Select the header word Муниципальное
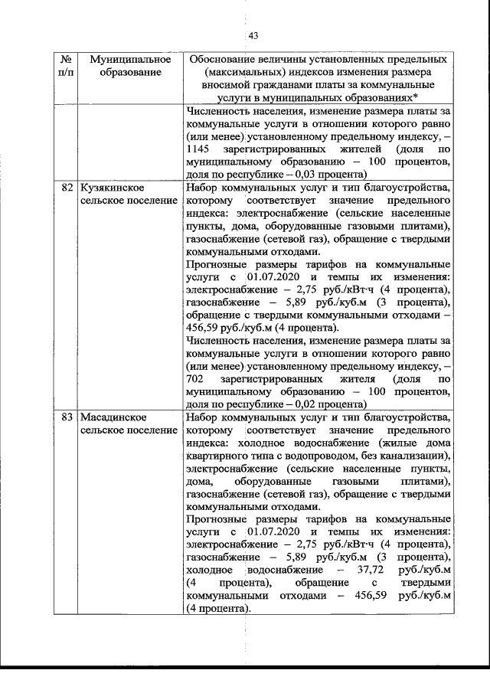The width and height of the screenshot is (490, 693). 129,59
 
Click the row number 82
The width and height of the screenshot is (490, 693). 68,187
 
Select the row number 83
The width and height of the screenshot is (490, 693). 68,417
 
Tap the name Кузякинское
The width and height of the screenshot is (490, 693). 113,187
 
